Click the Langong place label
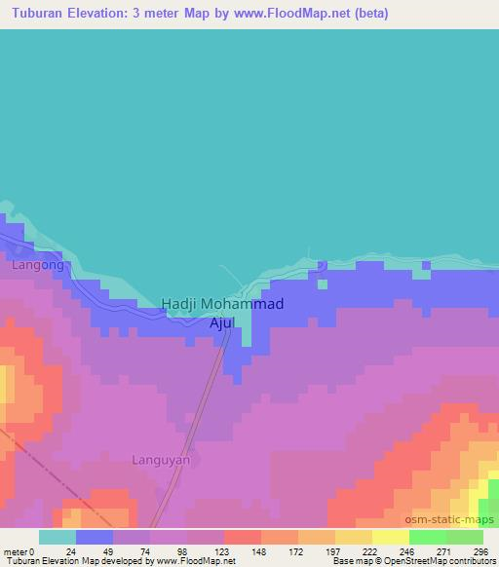coord(38,264)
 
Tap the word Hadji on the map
coord(180,304)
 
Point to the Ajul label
coord(223,321)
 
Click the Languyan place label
coord(161,459)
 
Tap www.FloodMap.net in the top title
coord(314,13)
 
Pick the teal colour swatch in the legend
coord(58,536)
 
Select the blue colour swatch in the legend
coord(95,536)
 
